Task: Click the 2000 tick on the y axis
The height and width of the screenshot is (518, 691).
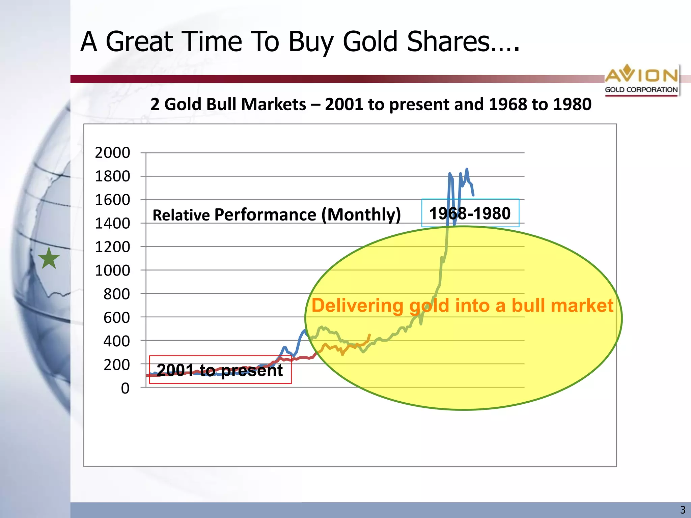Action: [x=112, y=153]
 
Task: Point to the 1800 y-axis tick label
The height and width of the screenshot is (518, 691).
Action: [x=112, y=176]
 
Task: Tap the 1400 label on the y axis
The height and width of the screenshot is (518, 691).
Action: [x=112, y=223]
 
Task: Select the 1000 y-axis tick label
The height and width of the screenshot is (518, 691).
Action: [x=112, y=270]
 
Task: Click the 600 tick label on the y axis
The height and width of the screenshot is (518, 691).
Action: [x=116, y=318]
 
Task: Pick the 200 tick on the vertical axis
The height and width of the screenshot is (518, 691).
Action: [x=116, y=365]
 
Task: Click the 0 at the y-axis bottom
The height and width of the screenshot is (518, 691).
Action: [x=125, y=388]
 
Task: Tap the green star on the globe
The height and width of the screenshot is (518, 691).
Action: [x=49, y=258]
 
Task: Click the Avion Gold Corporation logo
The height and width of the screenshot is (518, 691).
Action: [x=641, y=80]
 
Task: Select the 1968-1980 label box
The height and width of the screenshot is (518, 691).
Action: [x=470, y=213]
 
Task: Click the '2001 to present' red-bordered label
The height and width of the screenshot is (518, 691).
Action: [x=220, y=370]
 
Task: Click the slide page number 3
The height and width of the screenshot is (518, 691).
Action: [x=683, y=510]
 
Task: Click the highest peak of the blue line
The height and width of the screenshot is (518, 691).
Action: [x=467, y=169]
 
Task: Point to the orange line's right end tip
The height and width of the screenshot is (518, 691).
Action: [x=370, y=335]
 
